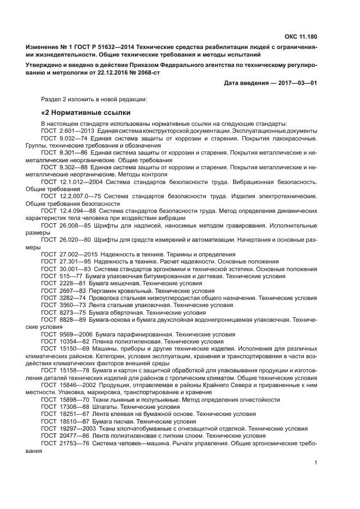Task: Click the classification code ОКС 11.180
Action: [301, 37]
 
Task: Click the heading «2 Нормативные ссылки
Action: [86, 113]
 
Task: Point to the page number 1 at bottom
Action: [315, 463]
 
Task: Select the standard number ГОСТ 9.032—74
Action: [64, 139]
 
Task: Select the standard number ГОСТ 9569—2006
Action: [65, 334]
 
